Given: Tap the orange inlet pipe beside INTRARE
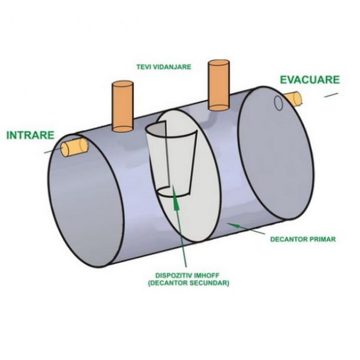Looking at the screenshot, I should pos(74,146).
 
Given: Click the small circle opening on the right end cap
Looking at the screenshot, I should pos(278,103).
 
